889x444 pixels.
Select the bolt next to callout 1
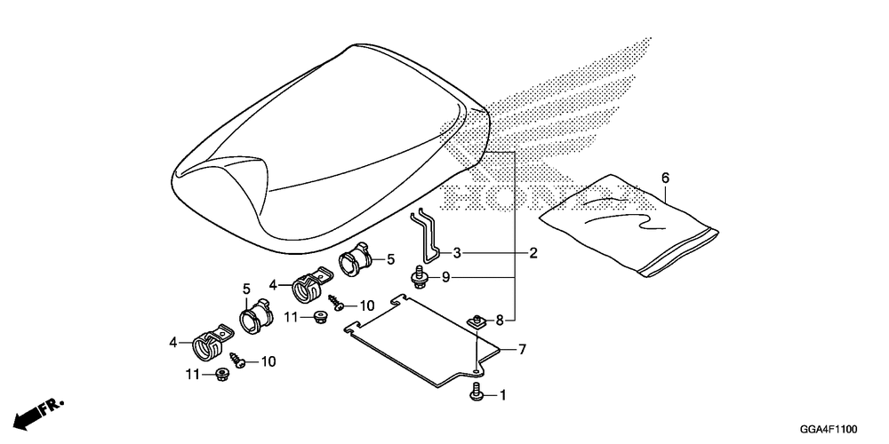tap(477, 392)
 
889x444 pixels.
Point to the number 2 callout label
tap(533, 253)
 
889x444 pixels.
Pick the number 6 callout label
tap(665, 178)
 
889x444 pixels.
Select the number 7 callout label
tap(523, 349)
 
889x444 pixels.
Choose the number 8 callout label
tap(500, 320)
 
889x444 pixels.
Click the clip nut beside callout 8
tap(477, 321)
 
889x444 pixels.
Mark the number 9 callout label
tap(446, 278)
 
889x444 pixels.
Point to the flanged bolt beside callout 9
tap(417, 278)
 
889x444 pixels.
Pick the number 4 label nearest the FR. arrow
tap(173, 341)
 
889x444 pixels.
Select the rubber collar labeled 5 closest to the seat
tap(354, 258)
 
